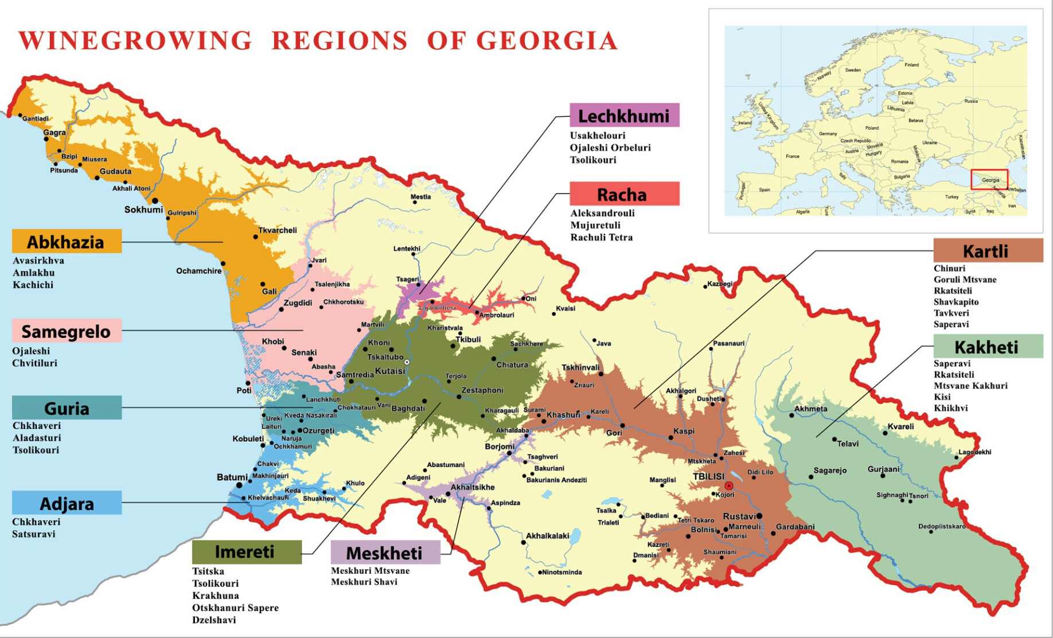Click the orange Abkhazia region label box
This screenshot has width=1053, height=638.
coord(67,242)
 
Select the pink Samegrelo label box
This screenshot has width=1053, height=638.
coord(67,331)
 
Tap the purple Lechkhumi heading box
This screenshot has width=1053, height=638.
coord(624,115)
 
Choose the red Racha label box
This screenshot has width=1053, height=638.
coord(624,194)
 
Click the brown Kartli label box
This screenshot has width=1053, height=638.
coord(988,251)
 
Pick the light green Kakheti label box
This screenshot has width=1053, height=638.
coord(988,347)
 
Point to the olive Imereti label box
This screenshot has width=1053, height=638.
coord(246,551)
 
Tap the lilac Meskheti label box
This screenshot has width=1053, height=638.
coord(385,553)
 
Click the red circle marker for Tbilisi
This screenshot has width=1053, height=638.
coord(728,485)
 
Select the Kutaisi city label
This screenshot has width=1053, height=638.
coord(389,371)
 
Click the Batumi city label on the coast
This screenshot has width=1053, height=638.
coord(232,477)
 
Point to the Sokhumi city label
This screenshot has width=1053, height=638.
coord(143,209)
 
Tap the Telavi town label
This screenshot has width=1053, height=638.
coord(848,444)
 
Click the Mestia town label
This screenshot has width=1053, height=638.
coord(420,197)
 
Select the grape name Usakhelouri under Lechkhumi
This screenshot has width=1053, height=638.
coord(597,135)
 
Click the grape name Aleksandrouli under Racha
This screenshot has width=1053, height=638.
coord(602,213)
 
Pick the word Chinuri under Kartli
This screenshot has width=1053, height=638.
coord(949,268)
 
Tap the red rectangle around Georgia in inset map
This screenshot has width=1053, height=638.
coord(989,180)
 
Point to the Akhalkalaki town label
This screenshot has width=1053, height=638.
coord(547,536)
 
